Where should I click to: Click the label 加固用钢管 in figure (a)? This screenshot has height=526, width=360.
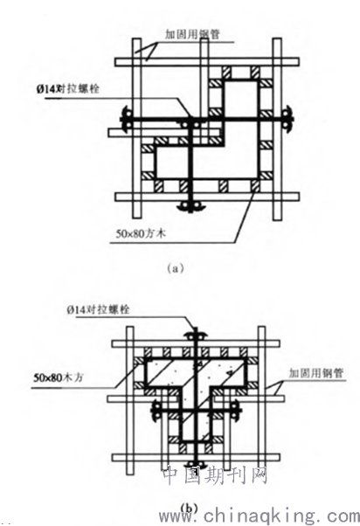(x=192, y=34)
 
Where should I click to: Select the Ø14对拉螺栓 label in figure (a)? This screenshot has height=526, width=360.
(x=68, y=89)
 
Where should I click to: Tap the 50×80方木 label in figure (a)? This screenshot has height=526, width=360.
(x=141, y=233)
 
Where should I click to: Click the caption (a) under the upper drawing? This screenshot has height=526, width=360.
(x=175, y=268)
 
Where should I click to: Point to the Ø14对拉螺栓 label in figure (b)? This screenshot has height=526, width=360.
(x=98, y=309)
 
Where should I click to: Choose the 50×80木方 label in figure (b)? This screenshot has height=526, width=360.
(x=58, y=377)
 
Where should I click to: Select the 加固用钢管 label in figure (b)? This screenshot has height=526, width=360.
(x=316, y=373)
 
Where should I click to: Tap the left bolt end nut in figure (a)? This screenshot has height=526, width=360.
(x=126, y=119)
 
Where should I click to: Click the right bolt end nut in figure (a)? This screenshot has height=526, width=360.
(x=288, y=119)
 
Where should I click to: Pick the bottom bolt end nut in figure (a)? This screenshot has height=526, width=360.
(x=190, y=205)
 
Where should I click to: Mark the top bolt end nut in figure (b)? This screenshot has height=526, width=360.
(x=196, y=336)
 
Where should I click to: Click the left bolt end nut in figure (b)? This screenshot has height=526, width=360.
(x=156, y=411)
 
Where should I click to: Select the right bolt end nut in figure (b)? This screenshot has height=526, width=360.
(x=236, y=411)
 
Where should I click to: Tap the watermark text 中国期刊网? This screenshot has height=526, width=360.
(x=216, y=475)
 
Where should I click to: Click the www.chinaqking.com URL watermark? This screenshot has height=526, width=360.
(x=259, y=516)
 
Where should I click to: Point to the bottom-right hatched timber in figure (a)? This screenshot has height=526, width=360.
(x=256, y=186)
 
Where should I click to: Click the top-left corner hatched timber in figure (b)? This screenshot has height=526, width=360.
(x=138, y=361)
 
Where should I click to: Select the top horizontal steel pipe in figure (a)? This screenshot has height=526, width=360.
(x=207, y=62)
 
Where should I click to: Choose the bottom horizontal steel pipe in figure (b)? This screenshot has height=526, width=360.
(x=196, y=458)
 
